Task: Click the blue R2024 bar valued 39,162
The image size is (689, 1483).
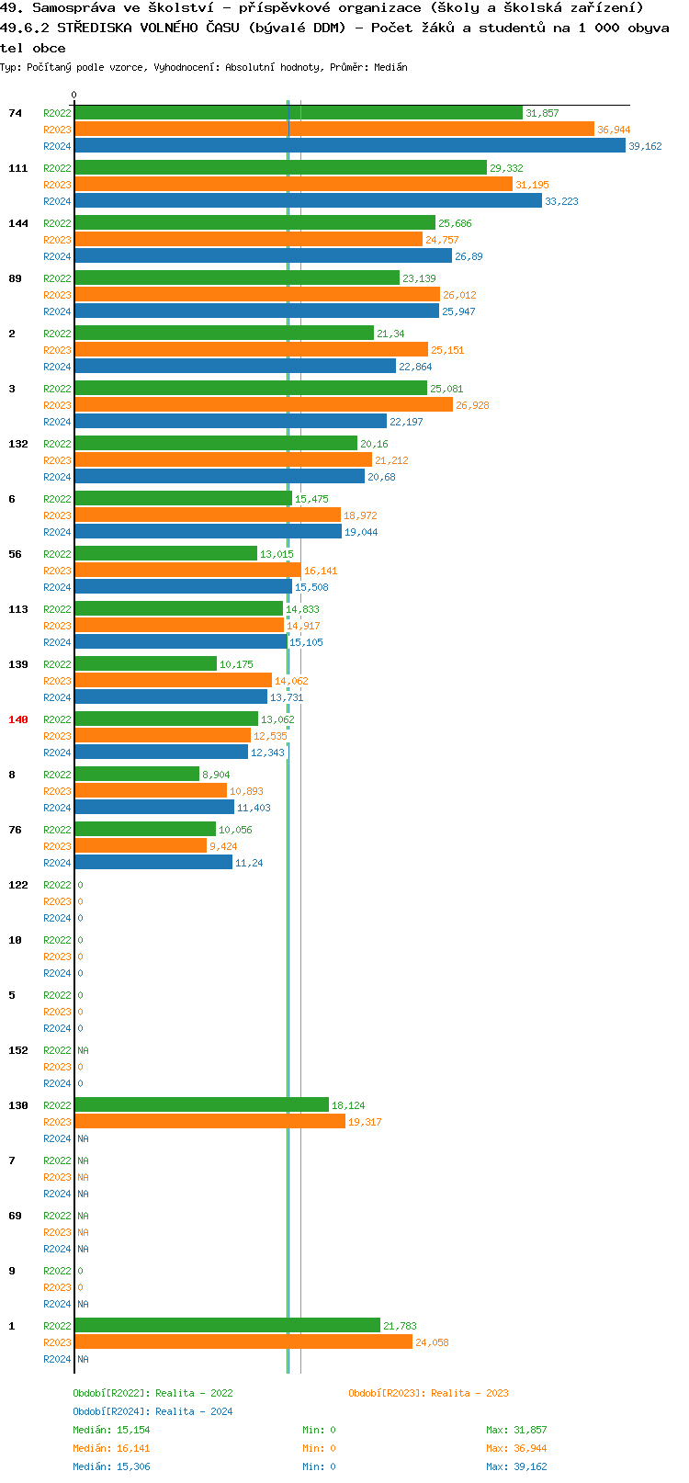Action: click(x=349, y=146)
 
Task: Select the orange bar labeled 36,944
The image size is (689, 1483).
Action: click(x=334, y=130)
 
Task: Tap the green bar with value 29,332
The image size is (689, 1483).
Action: click(x=280, y=168)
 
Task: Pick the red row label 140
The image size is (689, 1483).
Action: click(x=18, y=719)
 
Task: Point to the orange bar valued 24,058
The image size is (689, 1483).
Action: click(x=243, y=1342)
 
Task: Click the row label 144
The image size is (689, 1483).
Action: click(x=18, y=223)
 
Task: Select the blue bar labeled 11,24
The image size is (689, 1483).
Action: click(x=153, y=863)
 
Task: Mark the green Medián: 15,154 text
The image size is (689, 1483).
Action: click(x=111, y=1430)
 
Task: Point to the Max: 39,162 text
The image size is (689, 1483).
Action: click(x=516, y=1466)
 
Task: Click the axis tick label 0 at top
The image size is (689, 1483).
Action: click(x=74, y=95)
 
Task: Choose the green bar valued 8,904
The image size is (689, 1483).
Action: click(x=137, y=775)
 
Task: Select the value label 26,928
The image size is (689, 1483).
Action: click(x=472, y=405)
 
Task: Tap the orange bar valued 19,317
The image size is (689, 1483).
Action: click(x=210, y=1122)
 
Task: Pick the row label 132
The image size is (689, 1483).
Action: click(x=18, y=444)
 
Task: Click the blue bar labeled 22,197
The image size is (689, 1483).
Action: click(x=231, y=422)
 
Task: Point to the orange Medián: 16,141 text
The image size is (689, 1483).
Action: click(x=111, y=1448)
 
